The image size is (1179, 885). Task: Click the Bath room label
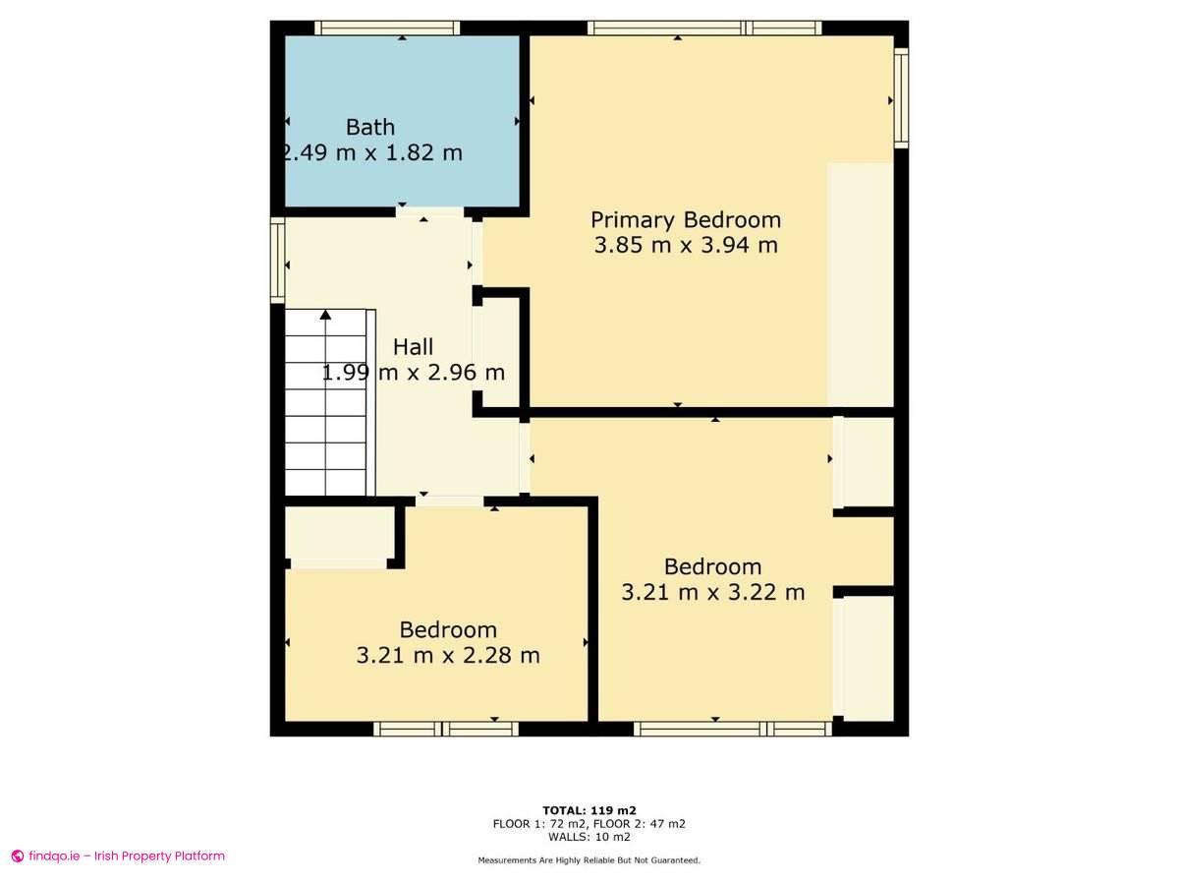[x=370, y=127]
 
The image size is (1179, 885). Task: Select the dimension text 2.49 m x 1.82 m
[x=371, y=153]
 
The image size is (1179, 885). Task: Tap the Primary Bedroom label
[x=686, y=219]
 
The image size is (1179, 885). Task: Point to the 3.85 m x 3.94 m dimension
[x=686, y=245]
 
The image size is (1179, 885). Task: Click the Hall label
[x=413, y=346]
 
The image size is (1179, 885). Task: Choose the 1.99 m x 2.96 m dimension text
[x=414, y=373]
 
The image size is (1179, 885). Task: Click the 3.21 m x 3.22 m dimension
[x=713, y=592]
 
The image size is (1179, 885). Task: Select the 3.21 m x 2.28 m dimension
[x=448, y=655]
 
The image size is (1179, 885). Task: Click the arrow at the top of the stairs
[x=325, y=315]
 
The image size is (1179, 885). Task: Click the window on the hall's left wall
[x=277, y=261]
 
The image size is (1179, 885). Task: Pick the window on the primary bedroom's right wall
[x=901, y=99]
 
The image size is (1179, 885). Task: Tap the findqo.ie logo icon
[x=18, y=856]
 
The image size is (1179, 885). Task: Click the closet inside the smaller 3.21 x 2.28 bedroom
[x=339, y=534]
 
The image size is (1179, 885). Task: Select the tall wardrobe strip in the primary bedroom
[x=860, y=285]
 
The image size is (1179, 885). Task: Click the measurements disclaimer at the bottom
[x=589, y=860]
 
